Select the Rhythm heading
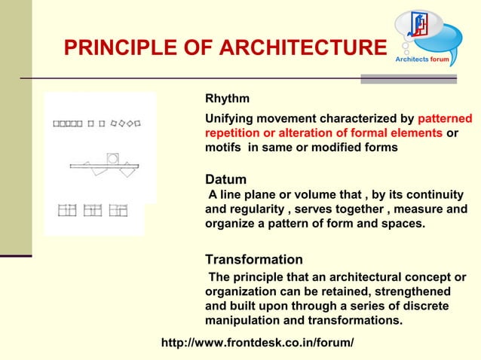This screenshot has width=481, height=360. click(228, 99)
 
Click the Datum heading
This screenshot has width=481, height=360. click(225, 180)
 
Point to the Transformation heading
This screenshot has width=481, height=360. click(254, 260)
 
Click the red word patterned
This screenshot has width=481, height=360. click(444, 119)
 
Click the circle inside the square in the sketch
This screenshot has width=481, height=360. click(113, 158)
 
